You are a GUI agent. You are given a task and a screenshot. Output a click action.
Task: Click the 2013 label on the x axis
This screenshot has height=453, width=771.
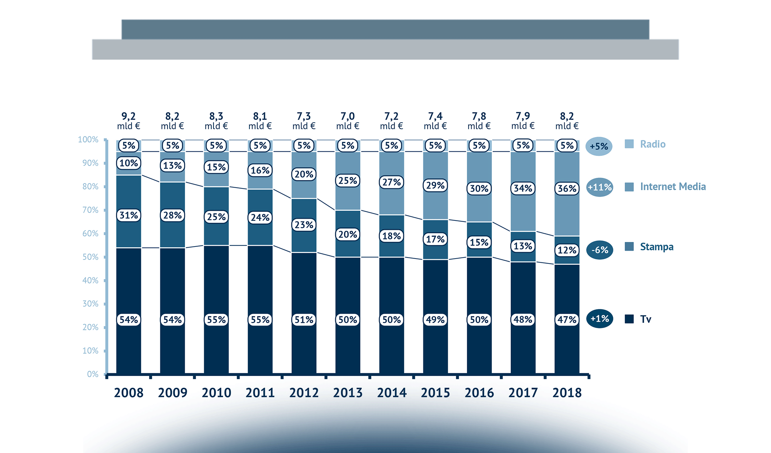pos(348,393)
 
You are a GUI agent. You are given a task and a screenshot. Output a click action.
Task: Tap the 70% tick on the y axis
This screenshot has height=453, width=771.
pos(90,210)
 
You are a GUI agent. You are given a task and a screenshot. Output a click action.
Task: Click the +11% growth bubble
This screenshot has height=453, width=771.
pos(599,187)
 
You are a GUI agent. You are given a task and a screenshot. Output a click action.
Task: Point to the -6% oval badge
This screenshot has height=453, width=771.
pos(599,250)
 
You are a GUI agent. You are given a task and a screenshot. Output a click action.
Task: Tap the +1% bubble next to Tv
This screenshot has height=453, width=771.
pos(599,319)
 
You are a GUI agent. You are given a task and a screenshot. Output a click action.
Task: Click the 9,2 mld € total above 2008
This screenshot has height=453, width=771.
pos(128,121)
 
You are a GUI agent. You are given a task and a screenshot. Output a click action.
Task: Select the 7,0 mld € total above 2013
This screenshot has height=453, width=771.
pos(348,121)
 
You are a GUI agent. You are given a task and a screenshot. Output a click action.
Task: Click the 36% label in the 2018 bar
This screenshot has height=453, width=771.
pos(567,188)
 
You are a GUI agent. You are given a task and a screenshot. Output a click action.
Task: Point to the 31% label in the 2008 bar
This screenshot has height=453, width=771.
pos(128,215)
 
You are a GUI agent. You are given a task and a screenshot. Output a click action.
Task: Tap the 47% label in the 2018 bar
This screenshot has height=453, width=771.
pos(567,320)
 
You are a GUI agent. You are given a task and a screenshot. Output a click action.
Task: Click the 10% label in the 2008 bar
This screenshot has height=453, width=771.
pos(128,163)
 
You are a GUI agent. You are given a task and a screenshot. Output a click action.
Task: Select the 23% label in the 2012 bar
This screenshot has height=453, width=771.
pos(304,225)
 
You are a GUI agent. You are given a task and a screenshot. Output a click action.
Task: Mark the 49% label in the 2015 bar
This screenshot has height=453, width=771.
pos(435,320)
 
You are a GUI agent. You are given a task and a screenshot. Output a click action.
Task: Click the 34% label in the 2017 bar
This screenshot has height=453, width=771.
pos(523,188)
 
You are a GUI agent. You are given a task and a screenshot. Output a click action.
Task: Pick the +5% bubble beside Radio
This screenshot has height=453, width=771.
pos(599,146)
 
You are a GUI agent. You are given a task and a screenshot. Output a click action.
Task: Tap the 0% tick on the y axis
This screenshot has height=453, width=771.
pos(93,374)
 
